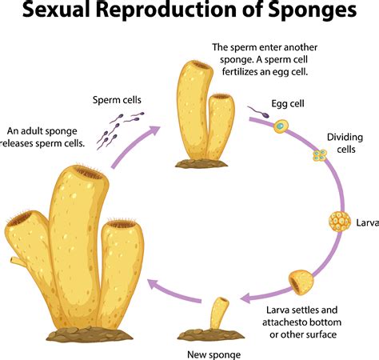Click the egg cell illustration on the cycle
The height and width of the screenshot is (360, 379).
click(x=281, y=126)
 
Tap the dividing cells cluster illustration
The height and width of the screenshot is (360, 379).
click(x=320, y=155)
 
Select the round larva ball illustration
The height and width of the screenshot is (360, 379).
click(x=340, y=221)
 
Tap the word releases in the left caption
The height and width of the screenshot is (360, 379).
click(x=24, y=143)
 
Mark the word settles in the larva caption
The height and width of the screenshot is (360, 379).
click(x=297, y=310)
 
